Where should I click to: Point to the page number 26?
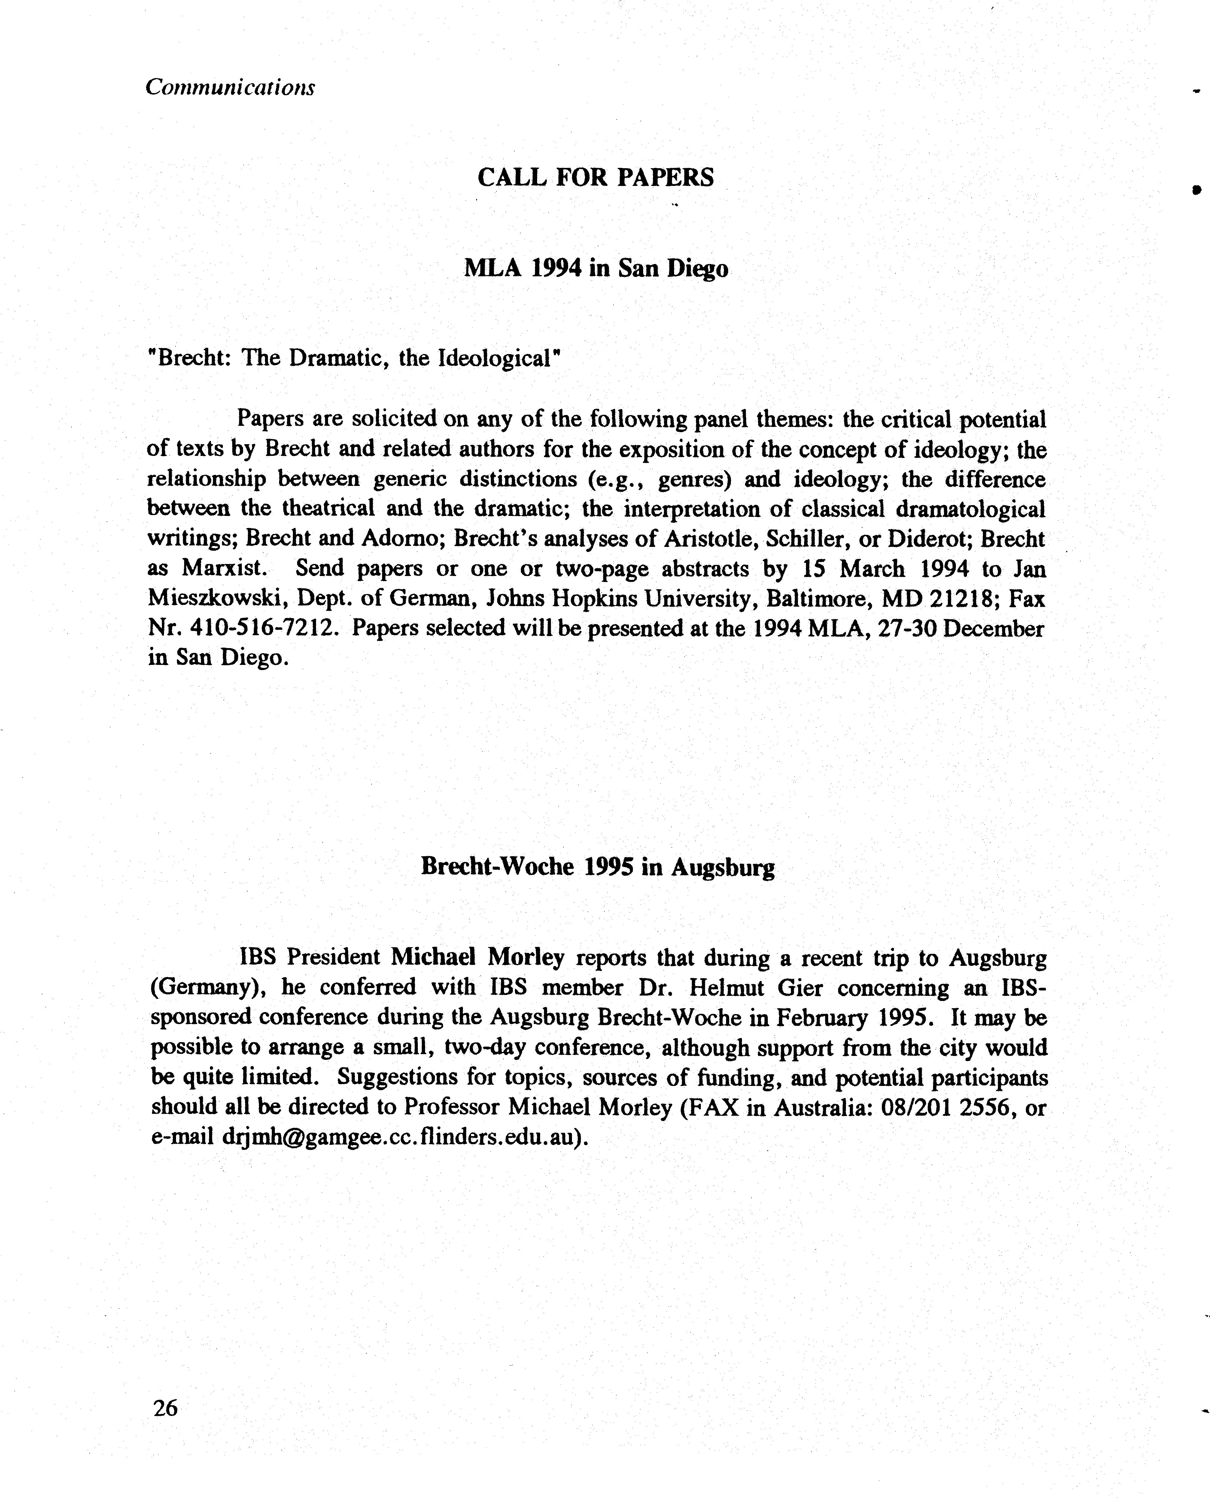tap(166, 1408)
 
